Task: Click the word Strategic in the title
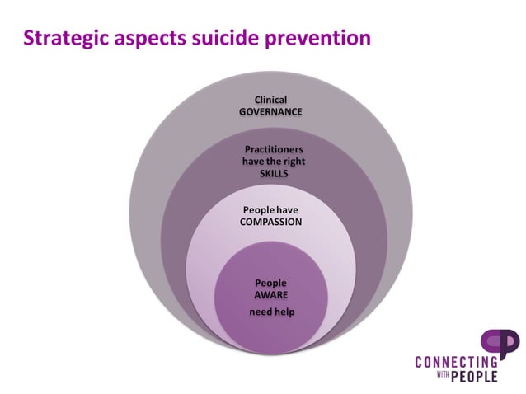pos(63,38)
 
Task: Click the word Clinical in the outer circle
pos(270,100)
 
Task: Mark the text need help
pos(270,312)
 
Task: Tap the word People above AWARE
pos(270,283)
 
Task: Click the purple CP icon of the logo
pos(500,344)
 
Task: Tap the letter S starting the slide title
pos(28,38)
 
